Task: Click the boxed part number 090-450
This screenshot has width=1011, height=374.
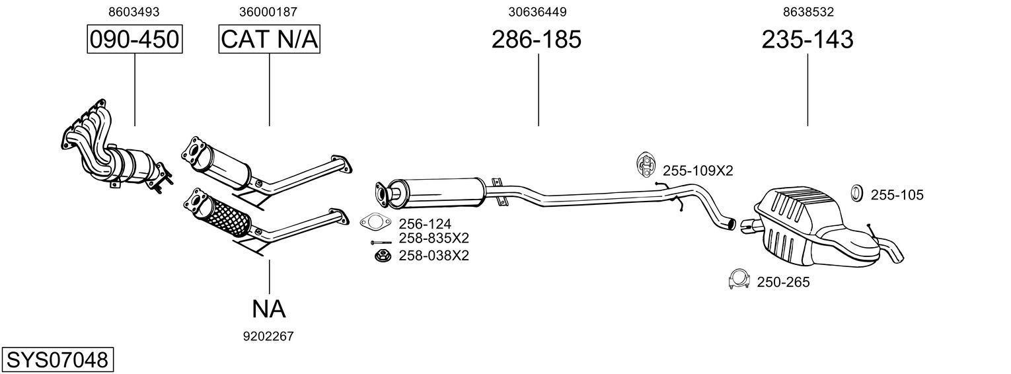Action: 135,40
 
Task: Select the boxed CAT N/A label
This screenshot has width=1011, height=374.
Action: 269,40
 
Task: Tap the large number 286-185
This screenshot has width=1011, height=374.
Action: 536,40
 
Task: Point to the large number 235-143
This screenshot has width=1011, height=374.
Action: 807,40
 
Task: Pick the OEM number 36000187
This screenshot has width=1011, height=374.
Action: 268,12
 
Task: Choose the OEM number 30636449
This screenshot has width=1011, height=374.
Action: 537,12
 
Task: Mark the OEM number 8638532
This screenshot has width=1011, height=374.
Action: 808,12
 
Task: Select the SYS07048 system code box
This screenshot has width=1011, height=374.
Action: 57,360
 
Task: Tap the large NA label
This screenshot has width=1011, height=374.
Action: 268,309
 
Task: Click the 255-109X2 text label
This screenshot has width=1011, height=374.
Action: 698,170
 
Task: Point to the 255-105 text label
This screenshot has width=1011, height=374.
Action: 897,195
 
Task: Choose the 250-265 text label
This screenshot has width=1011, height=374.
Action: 783,283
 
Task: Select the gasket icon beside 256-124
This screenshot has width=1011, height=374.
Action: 375,222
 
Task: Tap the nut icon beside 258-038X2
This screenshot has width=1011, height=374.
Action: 381,255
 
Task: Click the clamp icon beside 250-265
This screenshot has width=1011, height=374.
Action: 738,280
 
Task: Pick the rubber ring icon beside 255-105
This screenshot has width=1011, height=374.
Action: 856,193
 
